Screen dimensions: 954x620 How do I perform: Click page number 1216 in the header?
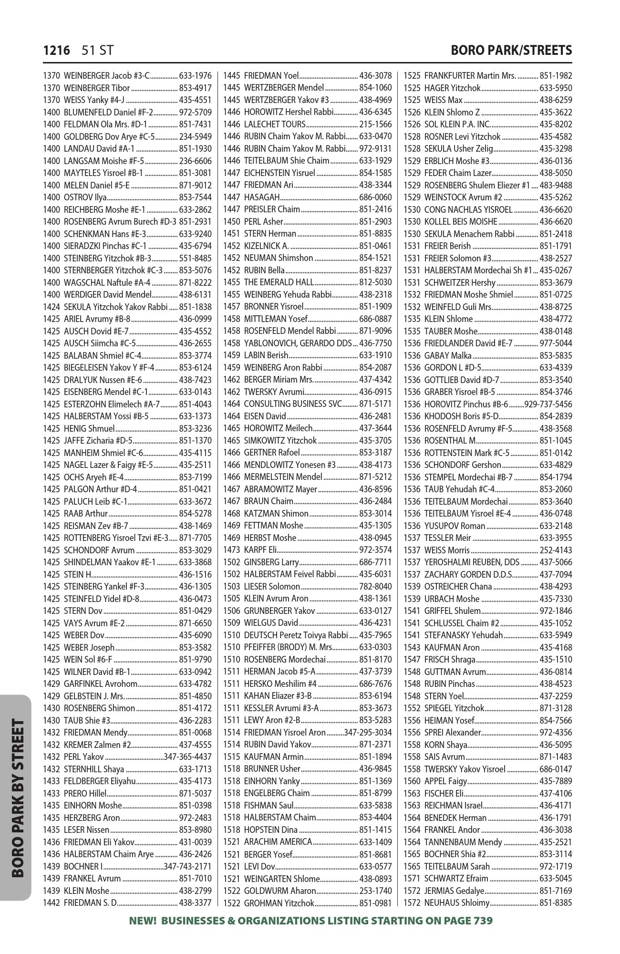pos(57,51)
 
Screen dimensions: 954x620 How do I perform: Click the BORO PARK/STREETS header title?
pos(511,51)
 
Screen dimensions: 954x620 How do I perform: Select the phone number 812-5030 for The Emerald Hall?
pos(375,282)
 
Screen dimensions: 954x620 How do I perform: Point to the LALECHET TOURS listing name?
pos(268,124)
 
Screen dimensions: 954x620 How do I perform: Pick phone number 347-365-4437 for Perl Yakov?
pos(187,757)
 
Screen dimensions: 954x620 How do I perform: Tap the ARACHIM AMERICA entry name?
pos(278,842)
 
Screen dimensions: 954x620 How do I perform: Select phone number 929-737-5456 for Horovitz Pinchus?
pos(548,404)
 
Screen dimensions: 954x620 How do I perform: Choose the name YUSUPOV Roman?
pos(455,526)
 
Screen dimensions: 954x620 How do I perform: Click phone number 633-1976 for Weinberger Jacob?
pos(195,76)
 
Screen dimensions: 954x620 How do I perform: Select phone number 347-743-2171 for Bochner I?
pos(187,866)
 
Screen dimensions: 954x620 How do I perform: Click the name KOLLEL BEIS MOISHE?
pos(461,222)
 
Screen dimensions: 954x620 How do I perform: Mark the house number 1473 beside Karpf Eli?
pos(231,550)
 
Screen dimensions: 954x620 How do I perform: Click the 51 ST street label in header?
pos(97,51)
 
